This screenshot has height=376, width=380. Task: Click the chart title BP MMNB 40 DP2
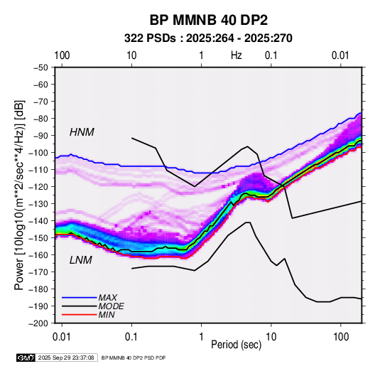[x=208, y=20]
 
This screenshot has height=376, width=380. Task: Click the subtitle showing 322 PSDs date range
[x=208, y=38]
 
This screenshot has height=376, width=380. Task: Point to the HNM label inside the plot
[x=82, y=132]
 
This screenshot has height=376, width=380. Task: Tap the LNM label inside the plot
[x=81, y=260]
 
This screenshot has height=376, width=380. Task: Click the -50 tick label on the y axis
[x=40, y=68]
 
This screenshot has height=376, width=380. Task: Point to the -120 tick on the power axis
[x=38, y=187]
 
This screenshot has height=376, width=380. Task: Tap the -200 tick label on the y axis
[x=38, y=323]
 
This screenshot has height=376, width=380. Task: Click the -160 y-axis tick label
[x=38, y=255]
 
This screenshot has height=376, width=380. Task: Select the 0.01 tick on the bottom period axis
[x=62, y=337]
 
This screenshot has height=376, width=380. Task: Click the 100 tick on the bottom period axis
[x=341, y=337]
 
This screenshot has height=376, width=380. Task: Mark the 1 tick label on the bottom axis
[x=202, y=337]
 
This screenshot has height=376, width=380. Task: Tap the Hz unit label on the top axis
[x=237, y=55]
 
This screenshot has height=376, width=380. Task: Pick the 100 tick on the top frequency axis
[x=62, y=55]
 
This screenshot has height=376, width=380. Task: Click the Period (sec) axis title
[x=237, y=345]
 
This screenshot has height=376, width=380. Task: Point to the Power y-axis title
[x=19, y=195]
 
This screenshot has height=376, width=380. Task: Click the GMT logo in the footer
[x=26, y=358]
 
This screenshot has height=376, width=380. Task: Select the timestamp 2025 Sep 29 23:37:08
[x=66, y=358]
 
